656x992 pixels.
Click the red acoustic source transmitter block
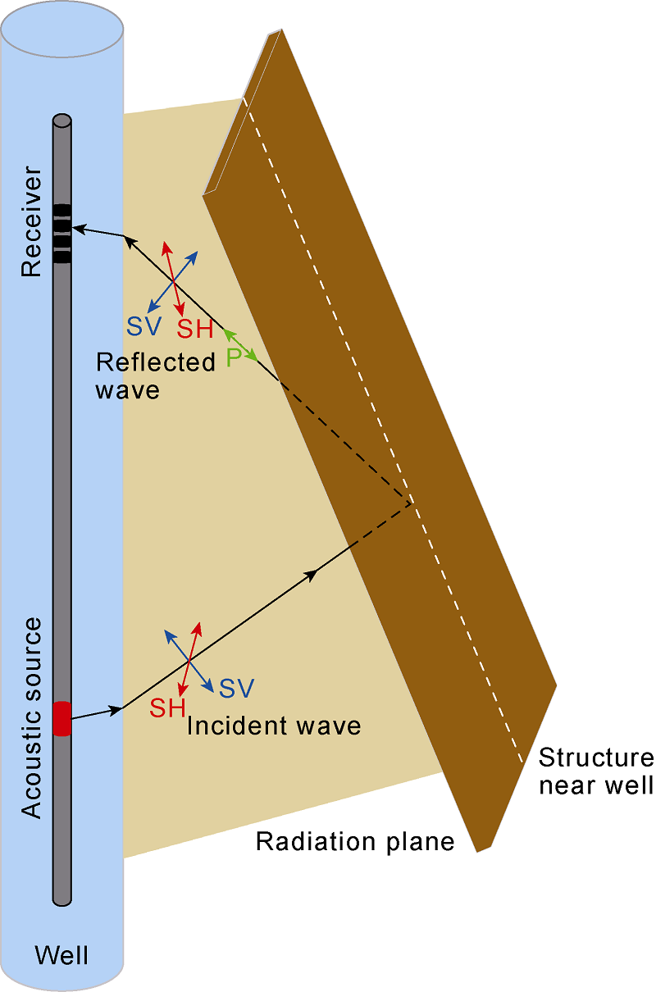(61, 718)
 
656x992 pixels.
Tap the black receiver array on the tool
(61, 233)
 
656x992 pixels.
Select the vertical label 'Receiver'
(30, 222)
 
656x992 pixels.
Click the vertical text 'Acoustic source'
(30, 718)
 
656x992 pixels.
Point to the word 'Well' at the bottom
(61, 955)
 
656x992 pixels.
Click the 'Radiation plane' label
(355, 841)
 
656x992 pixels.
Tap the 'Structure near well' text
(595, 771)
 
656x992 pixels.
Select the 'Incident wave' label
(274, 726)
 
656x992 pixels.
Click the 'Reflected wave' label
(155, 375)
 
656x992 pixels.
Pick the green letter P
(234, 357)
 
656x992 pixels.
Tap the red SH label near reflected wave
(195, 330)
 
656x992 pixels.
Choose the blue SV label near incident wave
(236, 688)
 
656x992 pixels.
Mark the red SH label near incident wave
(167, 708)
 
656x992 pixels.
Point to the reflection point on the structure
(411, 502)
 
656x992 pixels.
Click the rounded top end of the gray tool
(61, 121)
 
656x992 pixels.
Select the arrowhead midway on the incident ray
(312, 573)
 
